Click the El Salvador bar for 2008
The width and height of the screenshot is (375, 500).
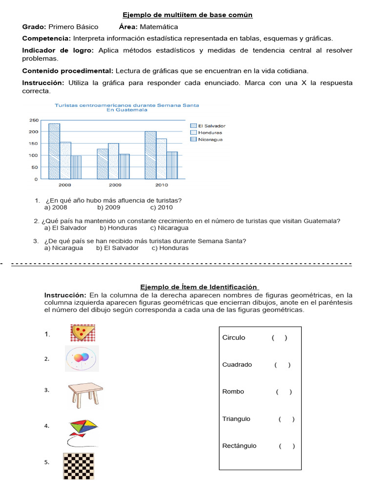click(54, 151)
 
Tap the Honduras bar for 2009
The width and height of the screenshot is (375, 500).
click(114, 161)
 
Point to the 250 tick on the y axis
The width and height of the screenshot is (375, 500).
click(34, 120)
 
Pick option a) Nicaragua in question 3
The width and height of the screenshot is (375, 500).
click(63, 248)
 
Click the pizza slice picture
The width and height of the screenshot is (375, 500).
click(83, 333)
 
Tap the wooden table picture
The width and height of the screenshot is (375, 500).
click(85, 394)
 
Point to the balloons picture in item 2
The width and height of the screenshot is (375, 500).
click(82, 358)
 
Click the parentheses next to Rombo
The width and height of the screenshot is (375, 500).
click(284, 392)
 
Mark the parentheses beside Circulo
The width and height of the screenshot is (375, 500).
click(279, 338)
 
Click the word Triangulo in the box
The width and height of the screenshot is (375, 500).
click(236, 418)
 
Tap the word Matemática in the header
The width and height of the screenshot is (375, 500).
click(159, 27)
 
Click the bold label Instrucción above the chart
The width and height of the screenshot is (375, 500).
click(43, 83)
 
